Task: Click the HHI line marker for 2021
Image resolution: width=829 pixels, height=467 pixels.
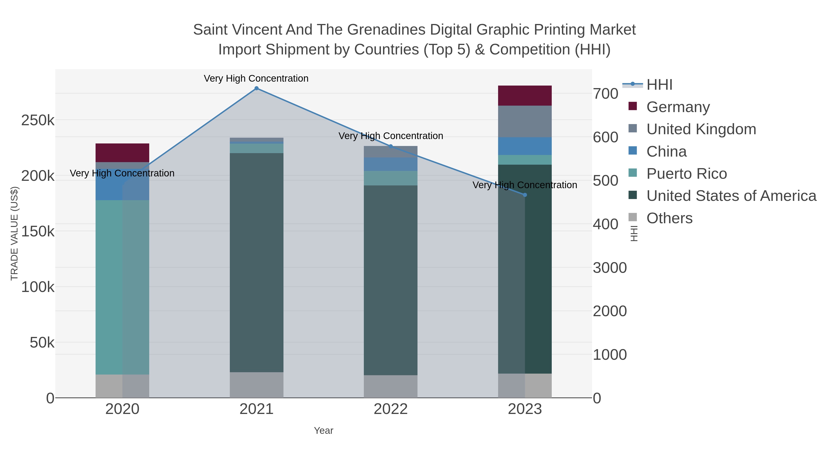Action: [257, 88]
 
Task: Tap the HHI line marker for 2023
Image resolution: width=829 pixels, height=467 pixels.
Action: [525, 195]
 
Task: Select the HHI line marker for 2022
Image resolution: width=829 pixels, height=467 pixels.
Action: [391, 146]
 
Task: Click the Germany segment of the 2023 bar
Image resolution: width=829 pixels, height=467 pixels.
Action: [525, 96]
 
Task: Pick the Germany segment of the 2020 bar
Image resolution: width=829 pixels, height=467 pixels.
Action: [122, 153]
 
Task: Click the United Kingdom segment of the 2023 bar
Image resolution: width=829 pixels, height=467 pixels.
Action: [525, 122]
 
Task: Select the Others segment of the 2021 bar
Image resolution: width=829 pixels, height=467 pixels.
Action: [257, 385]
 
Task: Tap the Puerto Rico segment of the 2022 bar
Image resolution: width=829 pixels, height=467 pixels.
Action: [391, 178]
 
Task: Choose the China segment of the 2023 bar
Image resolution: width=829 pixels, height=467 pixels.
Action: [525, 146]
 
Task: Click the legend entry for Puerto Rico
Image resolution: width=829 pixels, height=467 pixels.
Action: [686, 174]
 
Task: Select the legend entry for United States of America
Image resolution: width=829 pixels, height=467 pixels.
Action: [731, 196]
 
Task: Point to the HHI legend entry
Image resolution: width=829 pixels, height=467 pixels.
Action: [659, 85]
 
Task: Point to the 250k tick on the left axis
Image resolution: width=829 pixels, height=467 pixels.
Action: [38, 121]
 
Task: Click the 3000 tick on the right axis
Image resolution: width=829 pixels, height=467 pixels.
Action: [610, 268]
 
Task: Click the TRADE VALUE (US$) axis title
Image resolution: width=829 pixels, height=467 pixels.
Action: [15, 233]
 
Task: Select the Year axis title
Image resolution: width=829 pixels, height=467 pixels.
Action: [324, 431]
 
